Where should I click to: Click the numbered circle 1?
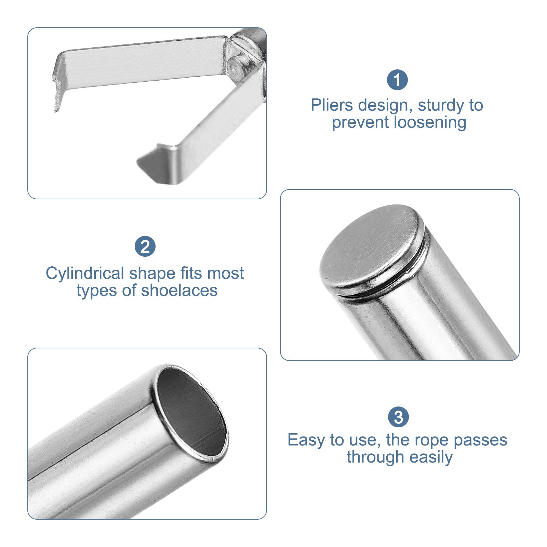397,80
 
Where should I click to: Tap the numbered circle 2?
145,246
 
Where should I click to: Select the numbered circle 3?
398,417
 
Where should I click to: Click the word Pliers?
332,105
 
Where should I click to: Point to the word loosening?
430,123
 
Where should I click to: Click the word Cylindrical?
85,273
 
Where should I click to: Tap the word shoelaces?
179,291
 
